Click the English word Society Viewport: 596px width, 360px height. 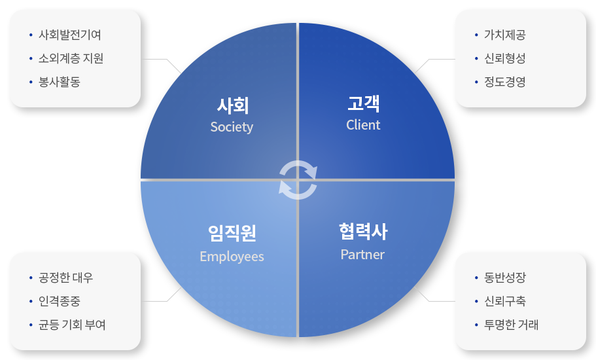pos(232,127)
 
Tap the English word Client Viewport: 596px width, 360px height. pos(363,124)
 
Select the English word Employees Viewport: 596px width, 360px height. pos(232,257)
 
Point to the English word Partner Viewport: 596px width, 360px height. pos(362,255)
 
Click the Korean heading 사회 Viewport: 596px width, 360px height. pos(233,105)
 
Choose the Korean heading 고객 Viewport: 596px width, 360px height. pos(363,103)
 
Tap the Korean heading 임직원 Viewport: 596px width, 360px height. pos(232,233)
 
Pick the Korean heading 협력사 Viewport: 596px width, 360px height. pos(363,232)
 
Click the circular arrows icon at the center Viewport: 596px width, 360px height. pos(298,180)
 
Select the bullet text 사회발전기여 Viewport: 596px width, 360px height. pos(70,35)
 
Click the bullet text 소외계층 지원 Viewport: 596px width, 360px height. pos(71,58)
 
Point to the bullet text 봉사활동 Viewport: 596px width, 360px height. pos(60,82)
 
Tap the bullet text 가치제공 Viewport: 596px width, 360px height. pos(505,35)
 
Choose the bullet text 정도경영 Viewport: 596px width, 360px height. pos(505,82)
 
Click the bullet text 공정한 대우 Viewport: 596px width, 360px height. pos(66,278)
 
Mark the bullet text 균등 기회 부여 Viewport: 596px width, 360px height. pos(72,325)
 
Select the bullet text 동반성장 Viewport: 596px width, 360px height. pos(505,278)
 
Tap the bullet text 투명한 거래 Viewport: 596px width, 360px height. pos(511,325)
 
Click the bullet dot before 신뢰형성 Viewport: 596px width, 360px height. pos(476,58)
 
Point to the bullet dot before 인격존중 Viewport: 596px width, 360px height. pos(31,302)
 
